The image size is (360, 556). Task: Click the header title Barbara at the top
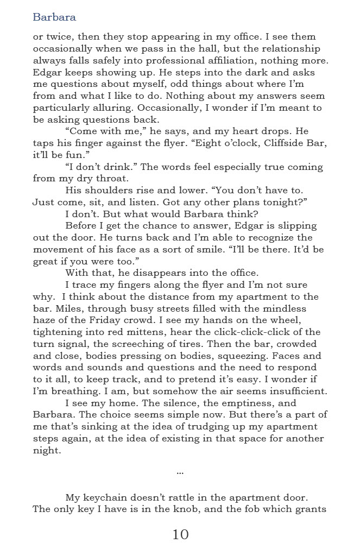tap(54, 17)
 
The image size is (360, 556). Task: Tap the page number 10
tap(180, 534)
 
